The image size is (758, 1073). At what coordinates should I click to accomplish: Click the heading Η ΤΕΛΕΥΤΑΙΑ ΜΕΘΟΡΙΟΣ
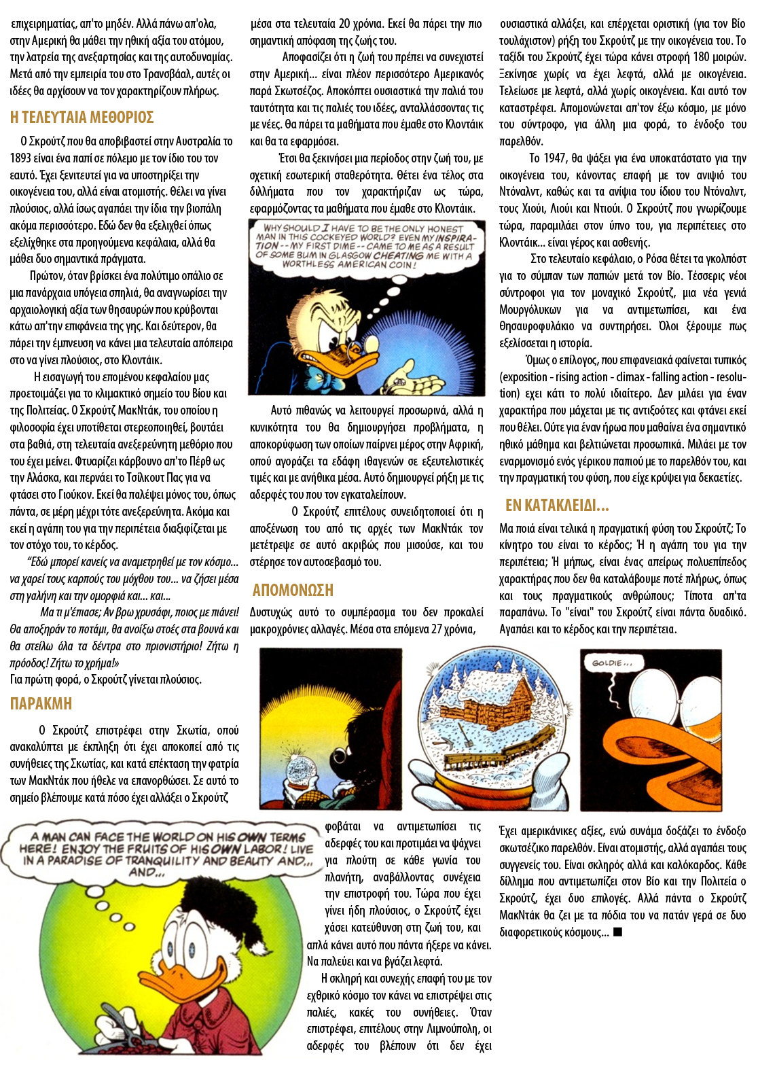(82, 118)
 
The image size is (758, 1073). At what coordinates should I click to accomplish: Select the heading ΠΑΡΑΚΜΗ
(41, 704)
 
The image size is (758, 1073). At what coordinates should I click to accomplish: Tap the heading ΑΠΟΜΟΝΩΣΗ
(293, 590)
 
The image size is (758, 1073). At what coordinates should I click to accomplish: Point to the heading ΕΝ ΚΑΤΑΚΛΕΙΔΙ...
(556, 506)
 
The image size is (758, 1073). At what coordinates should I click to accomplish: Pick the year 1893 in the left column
(20, 158)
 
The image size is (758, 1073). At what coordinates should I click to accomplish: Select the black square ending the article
(617, 932)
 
